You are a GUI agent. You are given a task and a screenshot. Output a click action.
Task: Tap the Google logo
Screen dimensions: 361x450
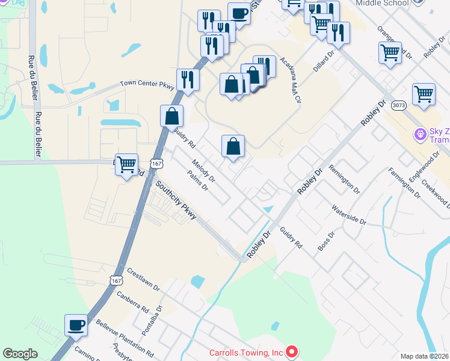pos(20,354)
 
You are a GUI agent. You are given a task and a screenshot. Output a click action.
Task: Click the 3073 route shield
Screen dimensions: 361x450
pos(398,106)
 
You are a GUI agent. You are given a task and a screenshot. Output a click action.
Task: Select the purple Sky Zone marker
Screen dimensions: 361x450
pos(420,133)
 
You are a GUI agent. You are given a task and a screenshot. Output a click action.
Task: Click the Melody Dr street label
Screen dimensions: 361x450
pos(203,170)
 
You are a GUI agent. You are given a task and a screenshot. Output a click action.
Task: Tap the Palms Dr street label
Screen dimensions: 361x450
pos(197,179)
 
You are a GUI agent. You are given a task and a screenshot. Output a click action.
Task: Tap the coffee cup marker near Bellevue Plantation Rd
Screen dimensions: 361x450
pos(76,326)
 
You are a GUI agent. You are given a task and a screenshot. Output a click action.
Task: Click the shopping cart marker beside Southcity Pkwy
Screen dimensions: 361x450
pos(126,164)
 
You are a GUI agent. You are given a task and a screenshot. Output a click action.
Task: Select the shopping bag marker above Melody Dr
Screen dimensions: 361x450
pos(233,146)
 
